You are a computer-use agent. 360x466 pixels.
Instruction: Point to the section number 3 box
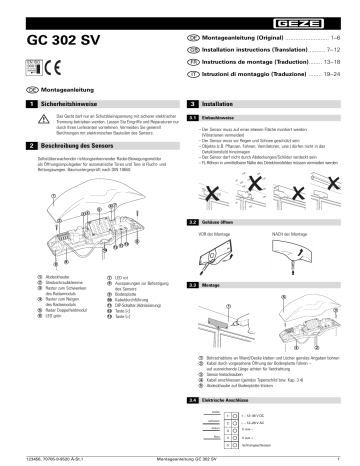pos(191,104)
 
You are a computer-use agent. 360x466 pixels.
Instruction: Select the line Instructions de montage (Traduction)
pos(256,60)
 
